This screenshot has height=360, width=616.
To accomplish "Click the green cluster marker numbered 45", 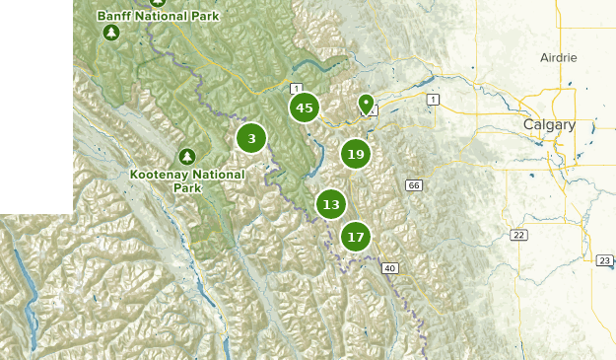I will (304, 108).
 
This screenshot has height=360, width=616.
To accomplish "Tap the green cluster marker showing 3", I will (251, 139).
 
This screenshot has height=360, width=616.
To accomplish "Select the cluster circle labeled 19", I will (356, 154).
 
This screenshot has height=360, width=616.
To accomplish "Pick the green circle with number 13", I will (331, 205).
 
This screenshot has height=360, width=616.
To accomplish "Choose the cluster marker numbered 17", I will (356, 237).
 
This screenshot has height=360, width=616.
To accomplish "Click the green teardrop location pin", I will (367, 104).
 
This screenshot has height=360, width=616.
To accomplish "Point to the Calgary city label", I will (548, 124).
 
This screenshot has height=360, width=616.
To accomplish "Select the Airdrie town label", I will (558, 58).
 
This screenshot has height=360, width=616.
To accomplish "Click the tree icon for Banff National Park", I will (111, 34).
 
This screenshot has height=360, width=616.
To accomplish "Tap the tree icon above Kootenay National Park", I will (187, 157).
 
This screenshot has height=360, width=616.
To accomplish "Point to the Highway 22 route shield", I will (517, 234).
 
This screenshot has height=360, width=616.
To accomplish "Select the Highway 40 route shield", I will (390, 267).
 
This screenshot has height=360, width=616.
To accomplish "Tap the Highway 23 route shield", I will (604, 260).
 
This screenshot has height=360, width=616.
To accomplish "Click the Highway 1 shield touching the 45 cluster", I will (295, 90).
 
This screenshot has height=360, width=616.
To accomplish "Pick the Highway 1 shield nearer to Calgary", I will (432, 100).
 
